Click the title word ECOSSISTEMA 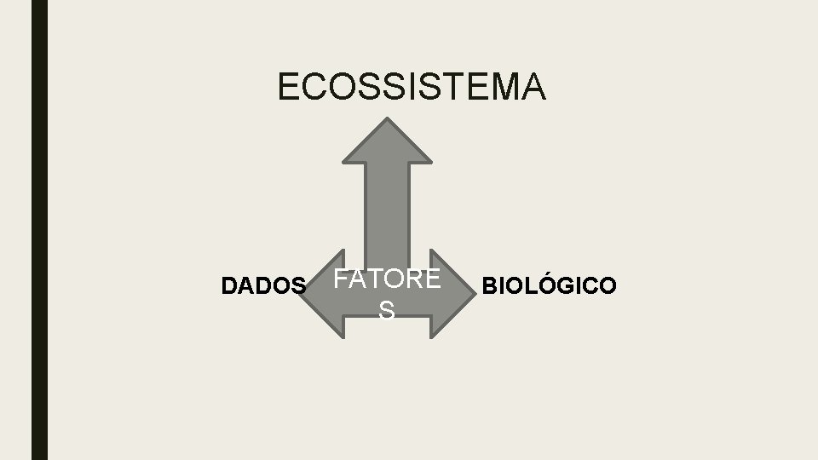[x=412, y=87]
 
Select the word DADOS [x=262, y=286]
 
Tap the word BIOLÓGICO [x=548, y=285]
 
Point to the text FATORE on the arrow [x=387, y=279]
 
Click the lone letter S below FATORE [x=387, y=312]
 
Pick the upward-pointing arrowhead [x=387, y=141]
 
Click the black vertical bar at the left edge [x=39, y=230]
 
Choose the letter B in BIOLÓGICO [x=491, y=286]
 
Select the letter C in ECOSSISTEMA [x=313, y=87]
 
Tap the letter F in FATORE [x=340, y=279]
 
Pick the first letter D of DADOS [x=228, y=286]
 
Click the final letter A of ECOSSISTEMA [x=533, y=87]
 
